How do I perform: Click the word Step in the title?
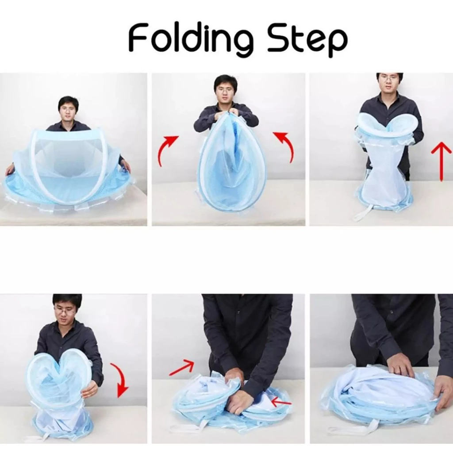(x=307, y=40)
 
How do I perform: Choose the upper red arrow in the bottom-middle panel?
(x=181, y=368)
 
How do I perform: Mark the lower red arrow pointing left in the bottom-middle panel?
(x=282, y=401)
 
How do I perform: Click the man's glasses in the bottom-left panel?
(x=67, y=311)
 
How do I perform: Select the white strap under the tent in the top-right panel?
(x=363, y=214)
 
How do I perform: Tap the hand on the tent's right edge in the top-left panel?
(x=125, y=165)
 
